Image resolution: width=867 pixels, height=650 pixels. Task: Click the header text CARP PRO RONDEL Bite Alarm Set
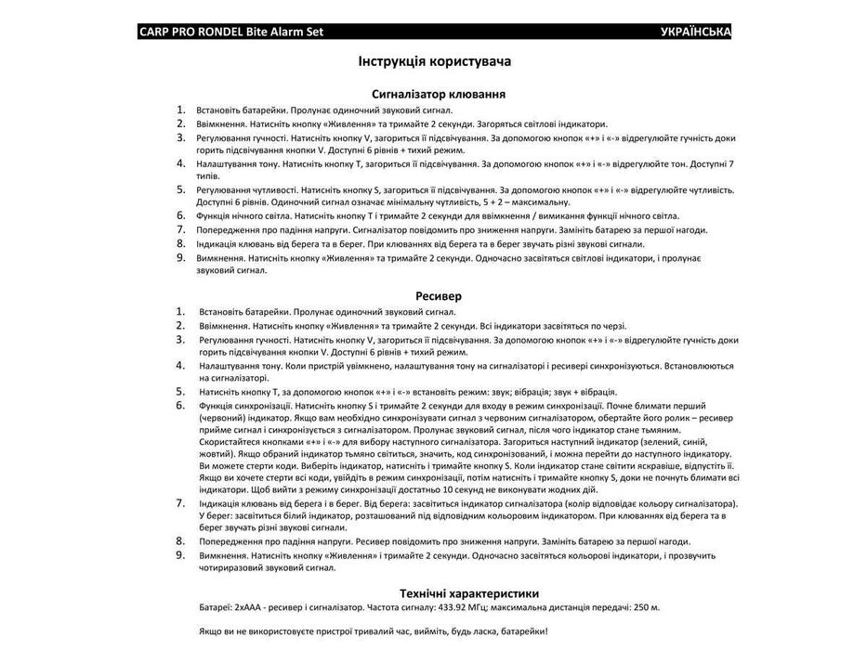click(230, 32)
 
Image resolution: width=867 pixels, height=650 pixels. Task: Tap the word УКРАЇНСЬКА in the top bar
click(695, 32)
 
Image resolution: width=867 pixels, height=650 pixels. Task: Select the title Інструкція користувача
click(434, 61)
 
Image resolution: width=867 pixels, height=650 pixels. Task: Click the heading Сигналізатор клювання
click(438, 94)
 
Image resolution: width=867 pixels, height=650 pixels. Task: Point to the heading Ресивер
click(433, 296)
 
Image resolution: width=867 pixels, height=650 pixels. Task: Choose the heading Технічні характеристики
click(468, 593)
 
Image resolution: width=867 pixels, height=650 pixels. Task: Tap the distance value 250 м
click(645, 607)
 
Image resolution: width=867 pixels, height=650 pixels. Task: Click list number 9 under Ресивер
click(181, 555)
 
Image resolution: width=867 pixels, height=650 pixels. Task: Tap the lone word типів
click(208, 175)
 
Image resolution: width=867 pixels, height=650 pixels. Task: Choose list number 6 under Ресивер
click(181, 406)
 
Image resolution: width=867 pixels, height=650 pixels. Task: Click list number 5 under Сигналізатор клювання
click(181, 189)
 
